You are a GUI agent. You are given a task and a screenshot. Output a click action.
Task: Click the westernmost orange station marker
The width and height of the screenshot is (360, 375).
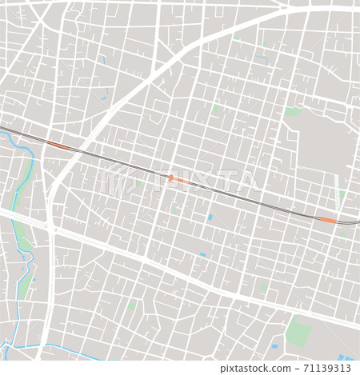58,146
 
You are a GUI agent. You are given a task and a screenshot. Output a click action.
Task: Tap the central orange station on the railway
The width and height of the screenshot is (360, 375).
179,180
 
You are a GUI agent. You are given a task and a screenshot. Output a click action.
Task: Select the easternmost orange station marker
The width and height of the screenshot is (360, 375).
328,219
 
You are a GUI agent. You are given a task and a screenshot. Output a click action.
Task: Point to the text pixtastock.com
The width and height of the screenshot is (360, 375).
249,369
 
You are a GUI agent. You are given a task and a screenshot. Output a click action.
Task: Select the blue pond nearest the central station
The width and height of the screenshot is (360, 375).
210,217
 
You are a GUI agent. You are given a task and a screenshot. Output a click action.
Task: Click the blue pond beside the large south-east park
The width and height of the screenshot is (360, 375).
273,347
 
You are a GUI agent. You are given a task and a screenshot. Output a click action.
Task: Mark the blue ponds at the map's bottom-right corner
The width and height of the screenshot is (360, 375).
345,357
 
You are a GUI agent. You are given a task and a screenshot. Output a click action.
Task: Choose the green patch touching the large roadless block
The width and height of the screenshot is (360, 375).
293,112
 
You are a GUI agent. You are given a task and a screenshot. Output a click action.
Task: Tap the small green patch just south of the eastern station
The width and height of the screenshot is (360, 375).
342,233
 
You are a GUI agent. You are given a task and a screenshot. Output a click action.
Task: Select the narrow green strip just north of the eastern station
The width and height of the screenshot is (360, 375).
342,195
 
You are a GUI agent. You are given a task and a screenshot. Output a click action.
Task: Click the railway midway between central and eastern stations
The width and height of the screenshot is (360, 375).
254,199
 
